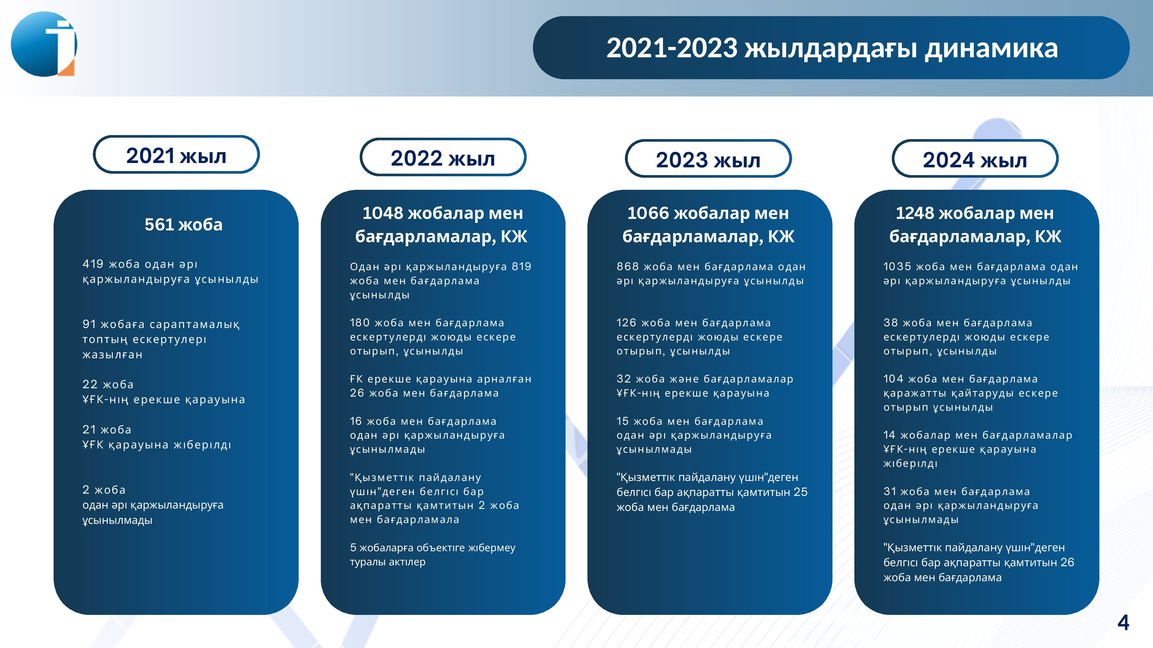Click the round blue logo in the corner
(x=44, y=44)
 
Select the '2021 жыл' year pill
(x=176, y=155)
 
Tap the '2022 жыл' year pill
(x=443, y=157)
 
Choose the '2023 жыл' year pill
(x=708, y=159)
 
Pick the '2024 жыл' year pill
(x=975, y=159)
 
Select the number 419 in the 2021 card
(x=93, y=264)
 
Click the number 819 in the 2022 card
(x=521, y=266)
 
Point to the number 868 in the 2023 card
(x=628, y=266)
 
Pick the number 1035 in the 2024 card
(x=897, y=266)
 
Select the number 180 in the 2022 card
(x=360, y=323)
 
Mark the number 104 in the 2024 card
(x=893, y=379)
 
